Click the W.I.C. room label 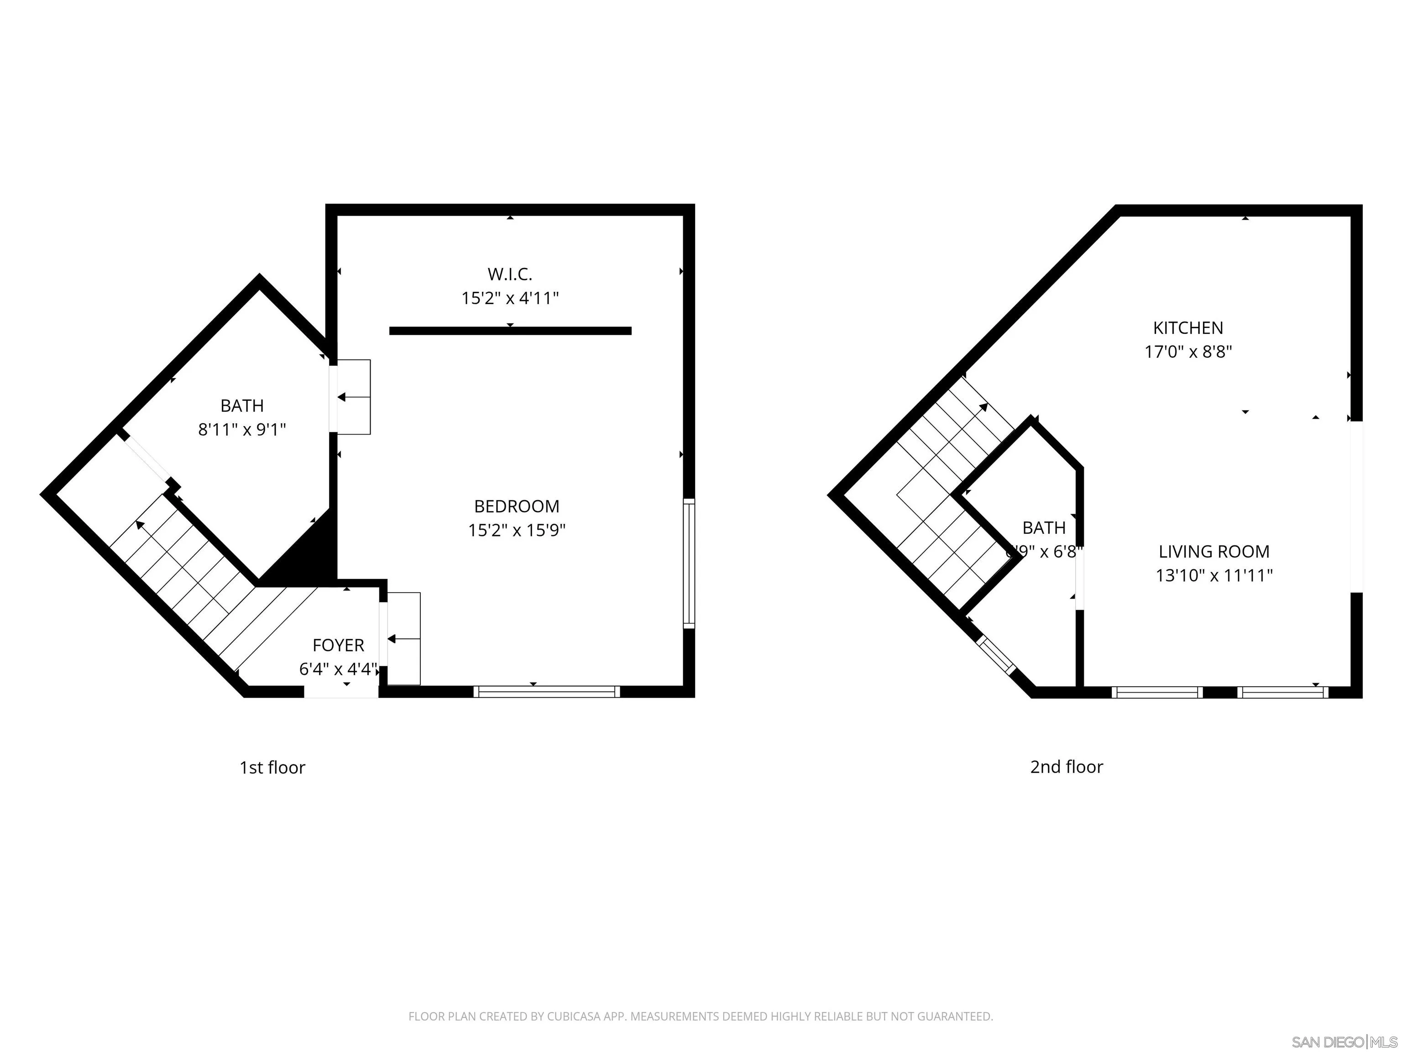pos(510,274)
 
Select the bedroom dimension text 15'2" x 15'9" pos(517,530)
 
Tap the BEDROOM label pos(517,506)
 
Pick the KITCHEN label pos(1188,328)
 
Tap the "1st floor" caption pos(272,768)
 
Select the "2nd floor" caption pos(1066,767)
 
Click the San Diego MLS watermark pos(1344,1042)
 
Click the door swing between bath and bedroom pos(353,397)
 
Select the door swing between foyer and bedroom pos(403,639)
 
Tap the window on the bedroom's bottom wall pos(546,692)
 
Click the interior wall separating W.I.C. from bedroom pos(510,331)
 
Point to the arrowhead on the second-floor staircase pos(983,406)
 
